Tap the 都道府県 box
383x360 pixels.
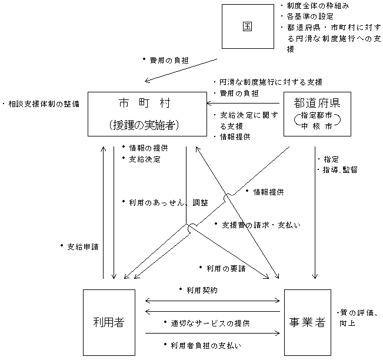[x=317, y=114]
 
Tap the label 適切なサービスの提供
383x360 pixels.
[x=206, y=323]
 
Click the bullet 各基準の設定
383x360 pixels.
[x=307, y=16]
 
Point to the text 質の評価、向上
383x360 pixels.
[x=357, y=318]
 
